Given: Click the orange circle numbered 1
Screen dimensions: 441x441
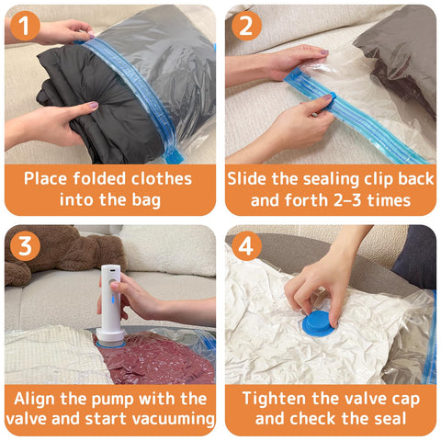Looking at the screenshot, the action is (25, 26).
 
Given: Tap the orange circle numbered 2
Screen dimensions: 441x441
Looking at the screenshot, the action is (246, 26).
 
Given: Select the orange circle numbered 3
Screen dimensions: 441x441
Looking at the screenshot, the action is (25, 246).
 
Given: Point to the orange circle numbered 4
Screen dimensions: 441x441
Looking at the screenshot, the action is (246, 246).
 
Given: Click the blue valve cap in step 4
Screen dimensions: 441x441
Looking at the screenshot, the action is (319, 323).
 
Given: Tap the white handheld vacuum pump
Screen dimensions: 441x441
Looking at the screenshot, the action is (111, 304).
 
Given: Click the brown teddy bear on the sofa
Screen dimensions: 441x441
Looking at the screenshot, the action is (62, 251).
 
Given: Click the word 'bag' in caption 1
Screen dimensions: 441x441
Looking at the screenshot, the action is (146, 200).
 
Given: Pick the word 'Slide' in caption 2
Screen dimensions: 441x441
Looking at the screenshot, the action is (246, 178).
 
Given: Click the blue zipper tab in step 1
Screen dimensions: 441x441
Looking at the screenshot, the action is (174, 156).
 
